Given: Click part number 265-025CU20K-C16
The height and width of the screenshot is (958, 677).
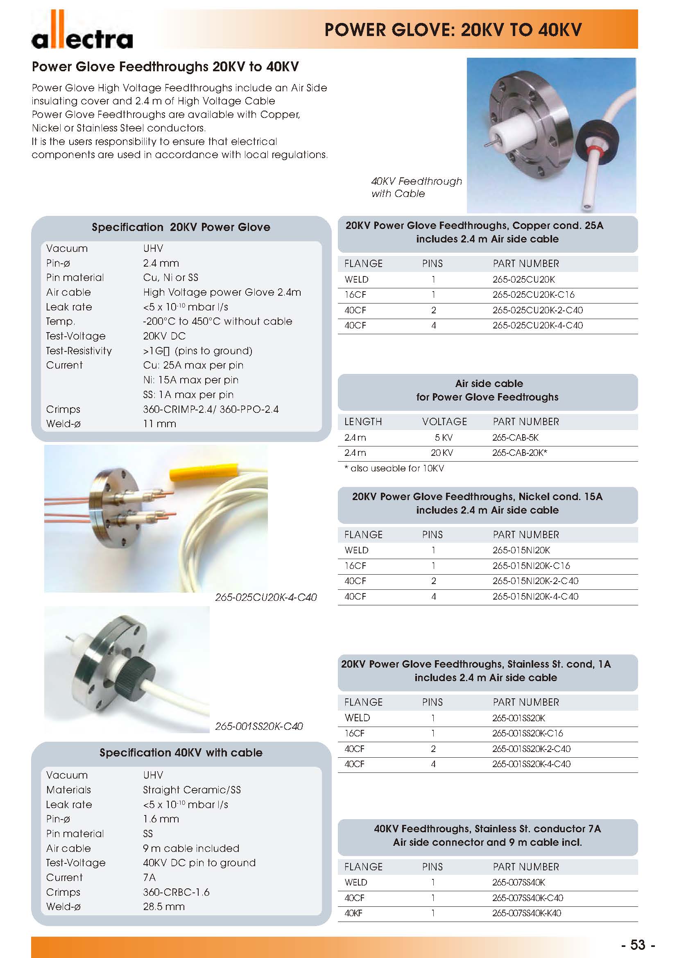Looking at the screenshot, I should tap(533, 295).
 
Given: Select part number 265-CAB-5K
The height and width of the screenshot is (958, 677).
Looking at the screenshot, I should tap(515, 438).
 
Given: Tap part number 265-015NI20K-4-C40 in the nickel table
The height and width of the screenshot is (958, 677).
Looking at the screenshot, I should tap(535, 597).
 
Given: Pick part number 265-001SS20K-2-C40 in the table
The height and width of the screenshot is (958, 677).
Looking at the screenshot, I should tap(531, 749).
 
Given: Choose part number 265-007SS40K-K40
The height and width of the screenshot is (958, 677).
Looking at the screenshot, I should tap(526, 913).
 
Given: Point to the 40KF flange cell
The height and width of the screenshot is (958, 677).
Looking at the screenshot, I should tap(353, 913).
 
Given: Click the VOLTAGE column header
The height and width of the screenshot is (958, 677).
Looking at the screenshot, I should tap(444, 422).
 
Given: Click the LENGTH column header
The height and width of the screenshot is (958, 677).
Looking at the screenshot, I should tap(363, 422).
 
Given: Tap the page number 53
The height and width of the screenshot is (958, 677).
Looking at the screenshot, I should tap(637, 944).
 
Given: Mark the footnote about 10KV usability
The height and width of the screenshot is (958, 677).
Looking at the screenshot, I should tap(394, 469).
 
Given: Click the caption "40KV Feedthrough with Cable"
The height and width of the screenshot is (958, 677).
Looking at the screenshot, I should tap(416, 187).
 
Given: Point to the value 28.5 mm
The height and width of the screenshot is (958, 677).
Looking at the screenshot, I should tap(163, 907).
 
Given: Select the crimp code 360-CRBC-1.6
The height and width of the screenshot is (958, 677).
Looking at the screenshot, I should tap(176, 892).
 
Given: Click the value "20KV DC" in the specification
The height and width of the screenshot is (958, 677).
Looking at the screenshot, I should tap(164, 336).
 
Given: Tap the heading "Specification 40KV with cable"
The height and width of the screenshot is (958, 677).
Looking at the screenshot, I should tap(181, 753).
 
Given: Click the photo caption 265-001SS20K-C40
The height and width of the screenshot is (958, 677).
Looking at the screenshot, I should tap(258, 727).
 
